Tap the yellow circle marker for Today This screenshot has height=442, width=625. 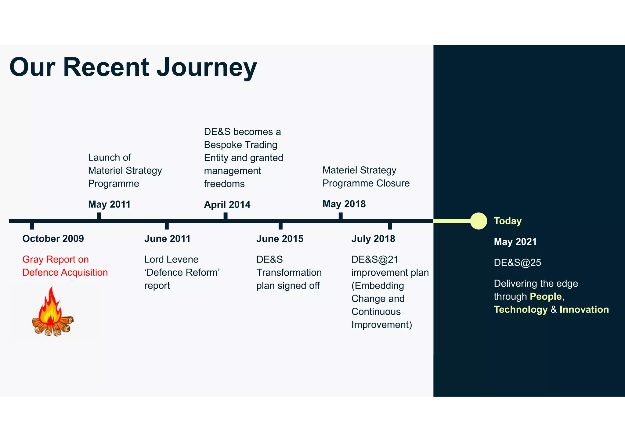478,221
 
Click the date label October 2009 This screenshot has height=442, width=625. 53,239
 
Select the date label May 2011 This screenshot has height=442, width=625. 109,204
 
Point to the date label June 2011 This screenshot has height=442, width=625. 167,239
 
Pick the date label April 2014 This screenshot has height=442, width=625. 227,205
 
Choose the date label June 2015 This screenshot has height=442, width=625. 280,239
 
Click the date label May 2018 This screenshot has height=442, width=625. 344,204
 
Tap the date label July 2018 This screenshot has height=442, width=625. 373,239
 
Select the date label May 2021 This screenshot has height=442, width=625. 515,242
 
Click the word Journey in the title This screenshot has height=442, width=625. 207,68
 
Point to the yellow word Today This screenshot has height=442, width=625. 508,221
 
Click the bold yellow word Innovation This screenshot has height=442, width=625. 584,310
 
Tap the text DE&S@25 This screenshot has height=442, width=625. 517,263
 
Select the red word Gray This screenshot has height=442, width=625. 33,260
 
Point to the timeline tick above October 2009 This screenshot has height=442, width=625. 32,226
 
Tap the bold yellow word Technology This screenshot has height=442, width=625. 521,310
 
